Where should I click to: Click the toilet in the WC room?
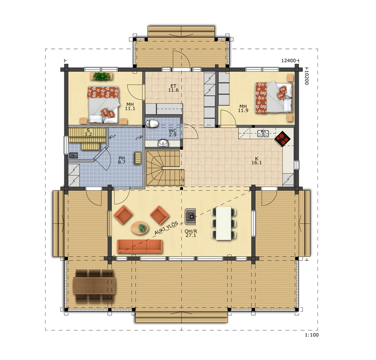pos(152,124)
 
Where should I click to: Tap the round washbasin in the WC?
pos(163,143)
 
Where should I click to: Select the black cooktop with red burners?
pos(283,139)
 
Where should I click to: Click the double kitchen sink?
pos(263,134)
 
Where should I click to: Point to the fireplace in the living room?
pos(190,217)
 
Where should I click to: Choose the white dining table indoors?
pos(223,224)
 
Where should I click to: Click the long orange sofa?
pos(140,247)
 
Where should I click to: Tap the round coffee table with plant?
pos(140,228)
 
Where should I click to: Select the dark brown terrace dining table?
pos(95,286)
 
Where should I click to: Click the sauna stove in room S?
pos(74,155)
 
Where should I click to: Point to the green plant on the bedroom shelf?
pos(101,76)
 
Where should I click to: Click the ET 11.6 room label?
pos(173,88)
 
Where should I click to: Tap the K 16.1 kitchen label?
pos(257,161)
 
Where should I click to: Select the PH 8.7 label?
pos(121,160)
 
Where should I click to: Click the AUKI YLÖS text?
pos(166,228)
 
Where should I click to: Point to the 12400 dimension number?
pos(288,61)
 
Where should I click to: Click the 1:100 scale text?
pos(312,335)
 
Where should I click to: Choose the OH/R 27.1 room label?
pos(191,233)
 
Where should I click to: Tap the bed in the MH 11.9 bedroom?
pos(274,97)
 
